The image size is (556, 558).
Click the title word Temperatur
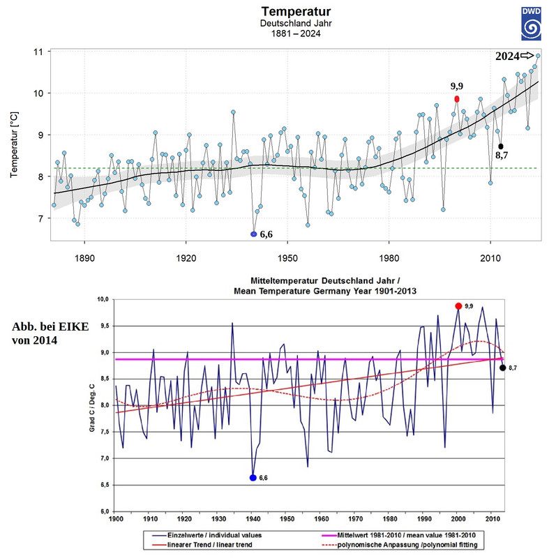pyautogui.click(x=294, y=12)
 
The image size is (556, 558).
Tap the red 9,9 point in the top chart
pyautogui.click(x=457, y=99)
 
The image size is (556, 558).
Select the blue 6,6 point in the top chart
pyautogui.click(x=254, y=234)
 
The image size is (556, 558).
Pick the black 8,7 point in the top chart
pyautogui.click(x=500, y=146)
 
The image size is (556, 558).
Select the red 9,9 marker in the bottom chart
pyautogui.click(x=458, y=306)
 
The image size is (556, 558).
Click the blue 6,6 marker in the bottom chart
pyautogui.click(x=253, y=478)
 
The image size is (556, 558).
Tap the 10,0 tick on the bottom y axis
pyautogui.click(x=102, y=299)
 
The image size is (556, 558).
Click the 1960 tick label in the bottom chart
pyautogui.click(x=321, y=519)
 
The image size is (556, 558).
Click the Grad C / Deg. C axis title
pyautogui.click(x=91, y=406)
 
